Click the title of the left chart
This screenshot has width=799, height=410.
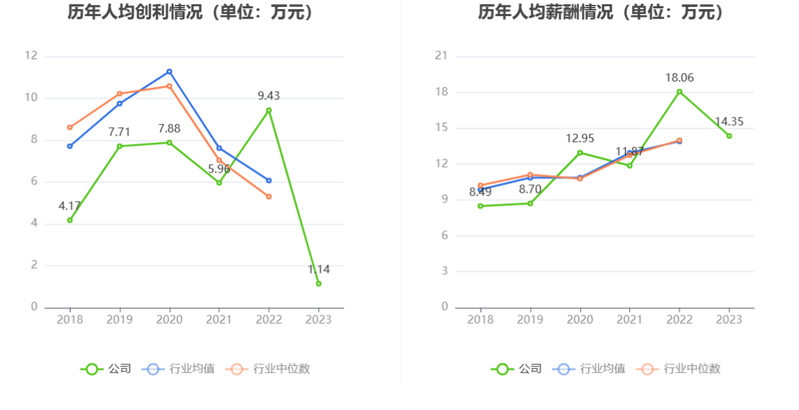[190, 12]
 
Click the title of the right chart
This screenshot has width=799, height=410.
[601, 12]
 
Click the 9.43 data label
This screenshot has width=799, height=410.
[269, 96]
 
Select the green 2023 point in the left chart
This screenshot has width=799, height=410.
[318, 283]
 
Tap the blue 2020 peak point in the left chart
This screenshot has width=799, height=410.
[169, 72]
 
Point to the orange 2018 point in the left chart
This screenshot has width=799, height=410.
[70, 127]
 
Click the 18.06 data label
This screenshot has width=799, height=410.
[679, 78]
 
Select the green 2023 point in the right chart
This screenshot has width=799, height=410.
[729, 136]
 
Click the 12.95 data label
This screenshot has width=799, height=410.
[580, 139]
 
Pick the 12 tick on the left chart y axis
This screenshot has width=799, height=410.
[31, 56]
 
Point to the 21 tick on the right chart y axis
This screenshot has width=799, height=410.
[441, 56]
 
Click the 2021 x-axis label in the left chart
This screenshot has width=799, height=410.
[219, 320]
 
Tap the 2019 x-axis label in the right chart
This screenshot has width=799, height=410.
[530, 320]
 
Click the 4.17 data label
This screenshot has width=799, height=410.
[70, 206]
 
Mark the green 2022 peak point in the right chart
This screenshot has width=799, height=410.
[679, 92]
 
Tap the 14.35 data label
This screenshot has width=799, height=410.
[729, 122]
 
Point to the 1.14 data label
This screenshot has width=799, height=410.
[319, 269]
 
